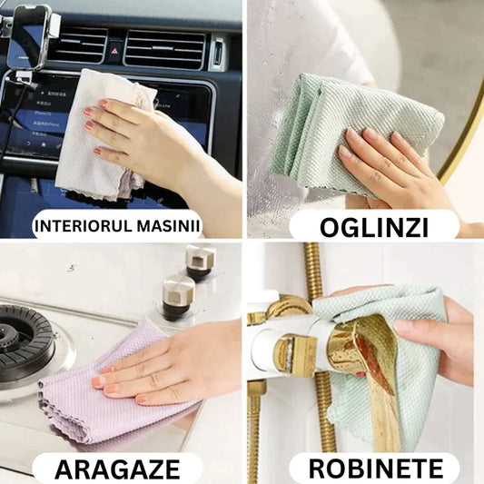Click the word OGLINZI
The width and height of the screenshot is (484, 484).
pyautogui.click(x=374, y=228)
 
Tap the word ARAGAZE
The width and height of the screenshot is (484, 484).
pyautogui.click(x=117, y=469)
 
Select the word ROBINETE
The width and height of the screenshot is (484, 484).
pyautogui.click(x=376, y=469)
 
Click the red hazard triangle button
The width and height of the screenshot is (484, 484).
pyautogui.click(x=114, y=51)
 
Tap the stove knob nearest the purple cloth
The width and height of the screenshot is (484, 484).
pyautogui.click(x=177, y=296)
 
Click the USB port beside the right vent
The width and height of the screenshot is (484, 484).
pyautogui.click(x=218, y=53)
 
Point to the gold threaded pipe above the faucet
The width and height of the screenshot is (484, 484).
pyautogui.click(x=311, y=272)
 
